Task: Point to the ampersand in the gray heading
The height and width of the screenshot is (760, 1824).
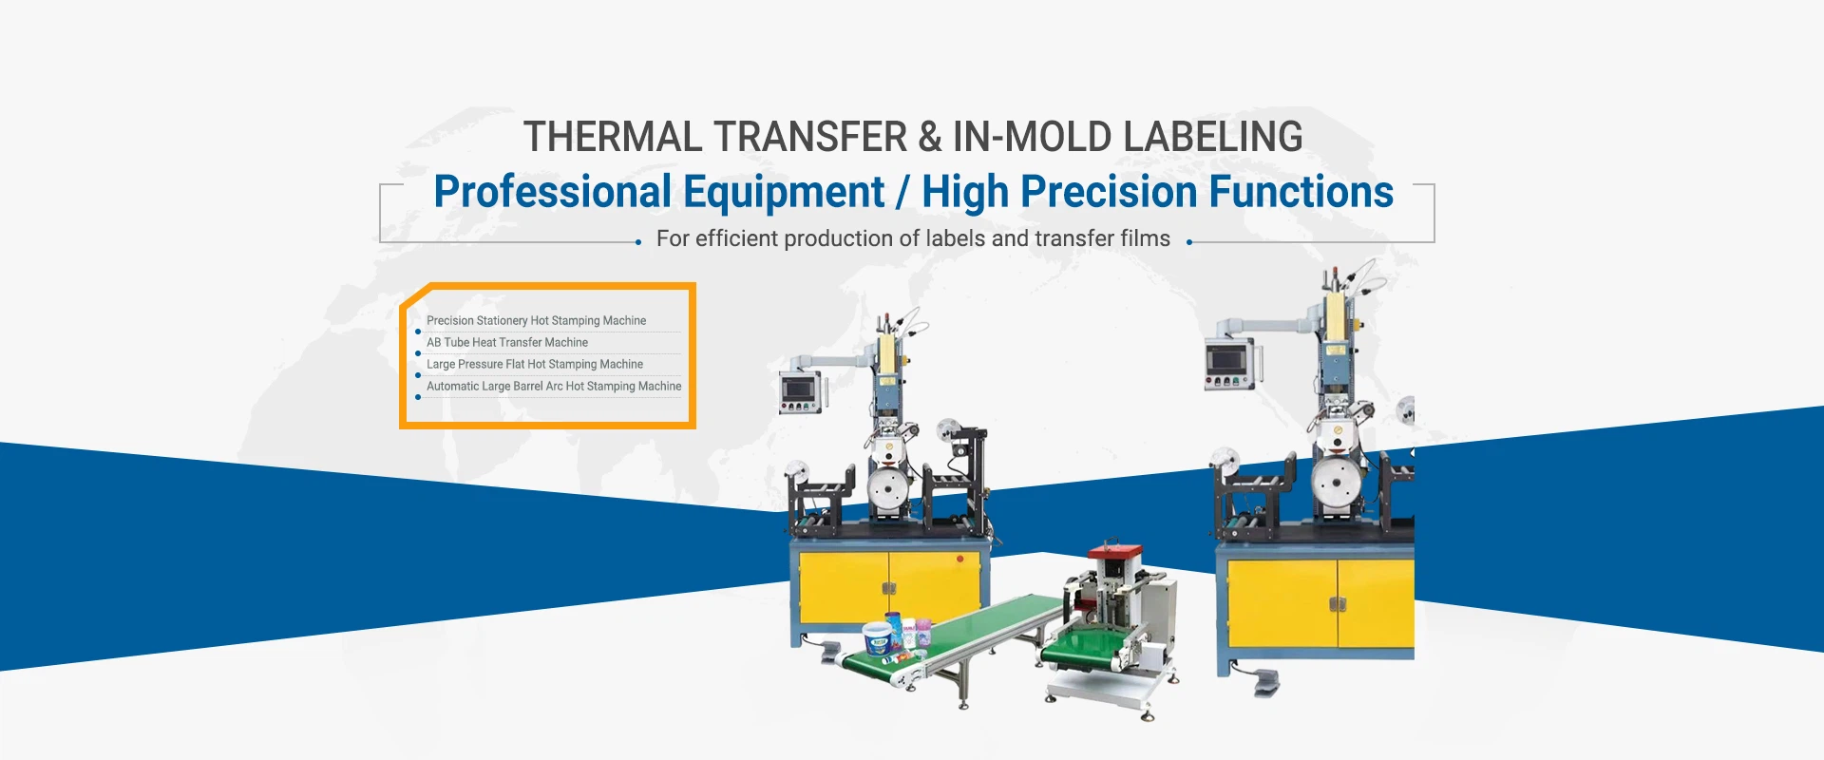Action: (x=929, y=137)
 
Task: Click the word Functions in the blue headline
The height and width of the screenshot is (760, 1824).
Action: (x=1301, y=192)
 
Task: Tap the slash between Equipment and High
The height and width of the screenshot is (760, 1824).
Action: (x=902, y=193)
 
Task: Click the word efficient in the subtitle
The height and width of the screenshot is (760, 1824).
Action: (x=736, y=238)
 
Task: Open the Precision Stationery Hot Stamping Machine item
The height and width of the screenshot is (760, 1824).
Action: (x=536, y=321)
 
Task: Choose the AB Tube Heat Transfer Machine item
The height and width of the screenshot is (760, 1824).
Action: (x=507, y=343)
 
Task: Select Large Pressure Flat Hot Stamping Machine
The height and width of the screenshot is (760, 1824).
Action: (x=535, y=365)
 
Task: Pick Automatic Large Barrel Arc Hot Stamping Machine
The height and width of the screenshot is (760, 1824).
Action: (x=554, y=387)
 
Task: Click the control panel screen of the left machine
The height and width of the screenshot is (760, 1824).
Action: (x=799, y=389)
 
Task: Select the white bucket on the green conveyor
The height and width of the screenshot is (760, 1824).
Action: (x=878, y=638)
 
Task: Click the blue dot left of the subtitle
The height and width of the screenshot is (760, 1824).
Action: (x=638, y=242)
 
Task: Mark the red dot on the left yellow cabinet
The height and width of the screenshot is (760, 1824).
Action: (x=959, y=560)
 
